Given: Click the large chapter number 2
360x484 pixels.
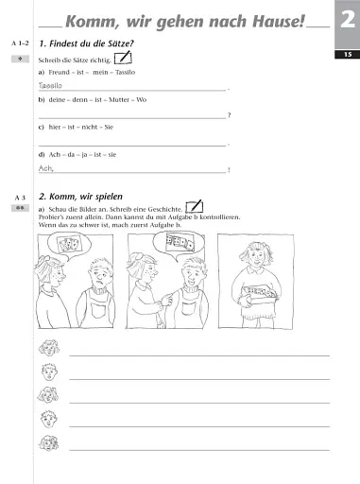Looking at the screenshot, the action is (x=348, y=20).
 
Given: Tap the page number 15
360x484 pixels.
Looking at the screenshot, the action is (x=348, y=55).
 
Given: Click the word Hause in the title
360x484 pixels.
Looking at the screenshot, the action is (x=279, y=22).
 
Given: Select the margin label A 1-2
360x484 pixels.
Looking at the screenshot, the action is (x=20, y=43).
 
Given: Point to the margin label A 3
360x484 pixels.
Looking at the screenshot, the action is (x=20, y=198).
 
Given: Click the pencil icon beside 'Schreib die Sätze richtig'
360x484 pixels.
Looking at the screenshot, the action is (x=123, y=58).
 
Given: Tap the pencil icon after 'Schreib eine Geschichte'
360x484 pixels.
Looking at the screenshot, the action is (x=195, y=206).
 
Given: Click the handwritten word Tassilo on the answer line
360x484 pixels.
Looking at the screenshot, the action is (x=50, y=85).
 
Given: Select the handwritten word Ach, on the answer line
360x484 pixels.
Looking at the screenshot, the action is (x=46, y=168).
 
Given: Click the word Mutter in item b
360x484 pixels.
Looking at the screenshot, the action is (x=119, y=100).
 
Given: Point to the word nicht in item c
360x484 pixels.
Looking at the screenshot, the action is (x=90, y=128).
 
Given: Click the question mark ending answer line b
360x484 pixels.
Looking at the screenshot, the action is (x=229, y=115).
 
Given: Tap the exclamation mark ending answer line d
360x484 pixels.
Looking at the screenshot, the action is (x=229, y=170).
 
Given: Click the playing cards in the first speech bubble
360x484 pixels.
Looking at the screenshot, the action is (x=69, y=244).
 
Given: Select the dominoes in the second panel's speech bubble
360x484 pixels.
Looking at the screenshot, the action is (x=180, y=242).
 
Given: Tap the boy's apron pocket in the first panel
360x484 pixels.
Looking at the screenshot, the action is (x=98, y=309).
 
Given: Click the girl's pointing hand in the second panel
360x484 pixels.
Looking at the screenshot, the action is (x=165, y=300).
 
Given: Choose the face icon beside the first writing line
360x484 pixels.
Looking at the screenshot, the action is (x=49, y=348).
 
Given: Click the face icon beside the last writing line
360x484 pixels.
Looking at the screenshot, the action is (x=49, y=442).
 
